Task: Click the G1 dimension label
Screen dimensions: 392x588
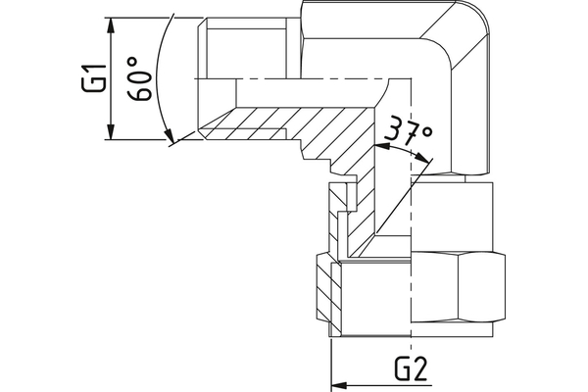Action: pyautogui.click(x=89, y=77)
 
